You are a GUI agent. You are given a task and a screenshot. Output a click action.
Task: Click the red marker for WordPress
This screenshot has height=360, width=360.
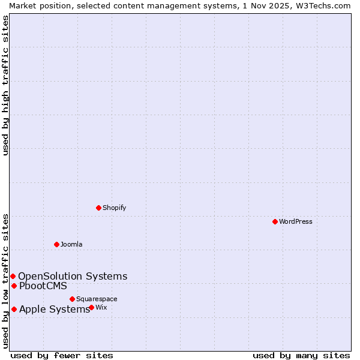[x=275, y=221]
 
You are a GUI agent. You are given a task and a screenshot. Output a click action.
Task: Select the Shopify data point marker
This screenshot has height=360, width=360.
[x=98, y=208]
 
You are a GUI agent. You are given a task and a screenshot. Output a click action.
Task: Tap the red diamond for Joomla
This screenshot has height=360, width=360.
[x=56, y=244]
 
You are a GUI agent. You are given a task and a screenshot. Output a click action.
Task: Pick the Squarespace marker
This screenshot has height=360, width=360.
[x=72, y=299]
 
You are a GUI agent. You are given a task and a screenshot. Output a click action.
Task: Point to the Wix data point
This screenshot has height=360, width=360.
[x=91, y=307]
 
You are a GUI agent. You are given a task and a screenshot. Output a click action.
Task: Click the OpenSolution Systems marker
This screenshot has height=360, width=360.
[x=13, y=276]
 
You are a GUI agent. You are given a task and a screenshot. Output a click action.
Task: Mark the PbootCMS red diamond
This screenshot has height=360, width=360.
[x=14, y=286]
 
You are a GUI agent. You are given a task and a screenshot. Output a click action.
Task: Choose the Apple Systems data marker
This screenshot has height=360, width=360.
[x=14, y=309]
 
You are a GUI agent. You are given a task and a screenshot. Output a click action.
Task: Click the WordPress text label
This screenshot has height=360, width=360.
[x=296, y=221]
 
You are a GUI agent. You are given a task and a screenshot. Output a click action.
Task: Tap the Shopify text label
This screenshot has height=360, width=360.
[x=114, y=208]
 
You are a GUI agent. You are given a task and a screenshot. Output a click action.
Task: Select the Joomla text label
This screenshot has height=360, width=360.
[x=71, y=244]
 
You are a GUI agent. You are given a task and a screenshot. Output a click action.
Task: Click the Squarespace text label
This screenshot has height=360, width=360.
[x=97, y=299]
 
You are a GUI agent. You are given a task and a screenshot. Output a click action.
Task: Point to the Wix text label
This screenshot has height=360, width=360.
[x=101, y=307]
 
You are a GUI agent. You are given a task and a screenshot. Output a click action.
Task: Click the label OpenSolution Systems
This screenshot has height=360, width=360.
[x=73, y=276]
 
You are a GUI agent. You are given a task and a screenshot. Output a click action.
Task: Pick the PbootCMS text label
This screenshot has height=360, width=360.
[x=43, y=286]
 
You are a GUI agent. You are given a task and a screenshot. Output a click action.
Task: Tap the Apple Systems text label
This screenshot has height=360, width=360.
[x=55, y=309]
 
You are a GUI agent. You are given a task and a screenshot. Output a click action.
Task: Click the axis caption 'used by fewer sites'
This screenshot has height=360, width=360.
[x=62, y=355]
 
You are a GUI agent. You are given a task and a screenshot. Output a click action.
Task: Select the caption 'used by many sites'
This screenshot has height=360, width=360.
[x=301, y=355]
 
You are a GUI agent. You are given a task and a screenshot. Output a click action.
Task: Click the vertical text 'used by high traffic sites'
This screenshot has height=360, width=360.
[x=5, y=85]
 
